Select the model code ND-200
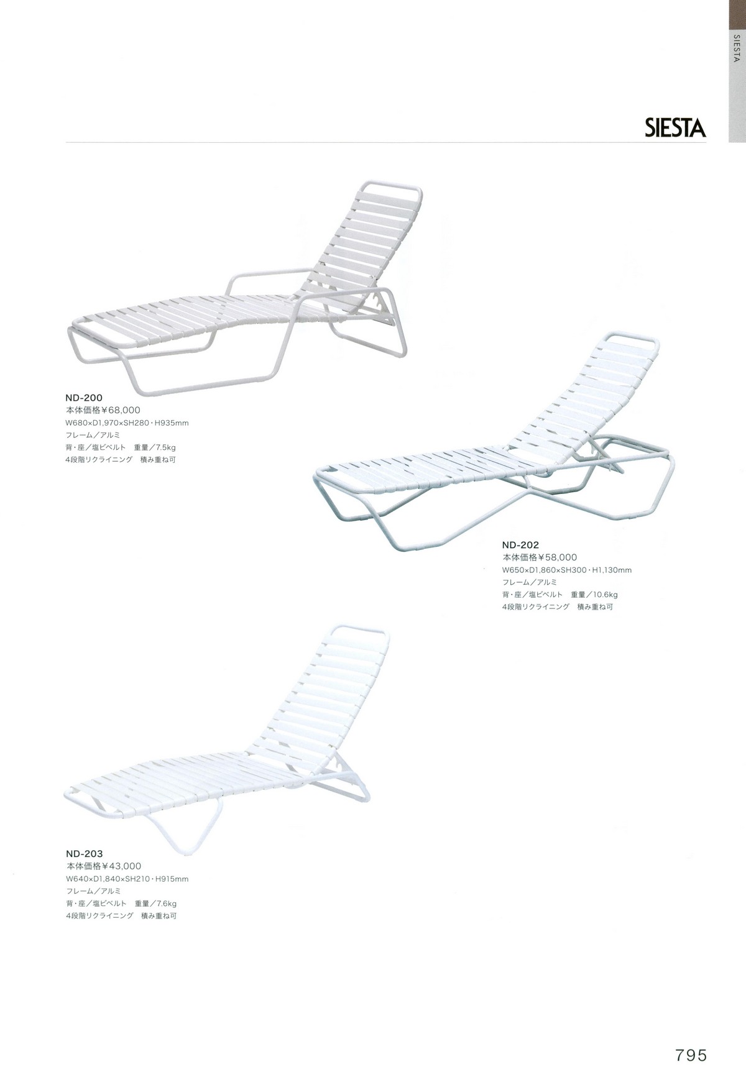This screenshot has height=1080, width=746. coord(85,397)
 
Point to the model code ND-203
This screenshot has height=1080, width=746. coord(85,853)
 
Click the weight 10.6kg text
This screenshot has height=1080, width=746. coord(604,595)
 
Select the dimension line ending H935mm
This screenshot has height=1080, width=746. coord(127,423)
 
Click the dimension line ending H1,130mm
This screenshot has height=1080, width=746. coord(567,570)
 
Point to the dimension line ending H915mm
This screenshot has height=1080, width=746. coord(127,879)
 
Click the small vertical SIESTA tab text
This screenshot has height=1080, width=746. coord(737,48)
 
